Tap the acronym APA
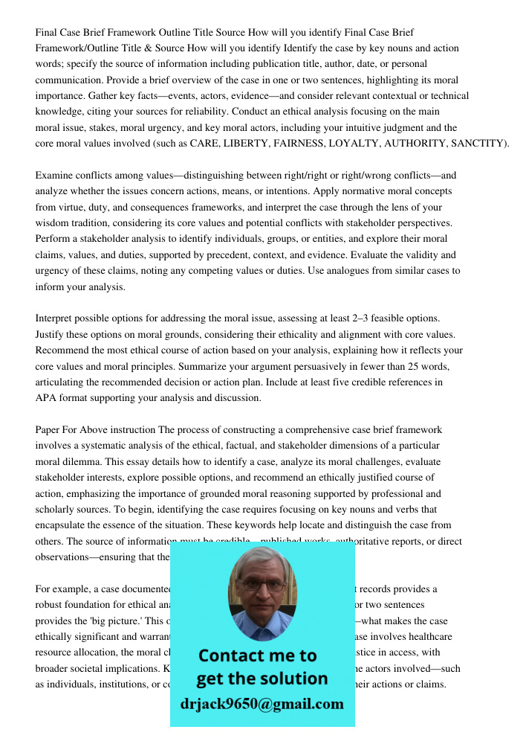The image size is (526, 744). point(46,398)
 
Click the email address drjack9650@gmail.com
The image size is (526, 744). point(262,704)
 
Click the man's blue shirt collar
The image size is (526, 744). point(262,632)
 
